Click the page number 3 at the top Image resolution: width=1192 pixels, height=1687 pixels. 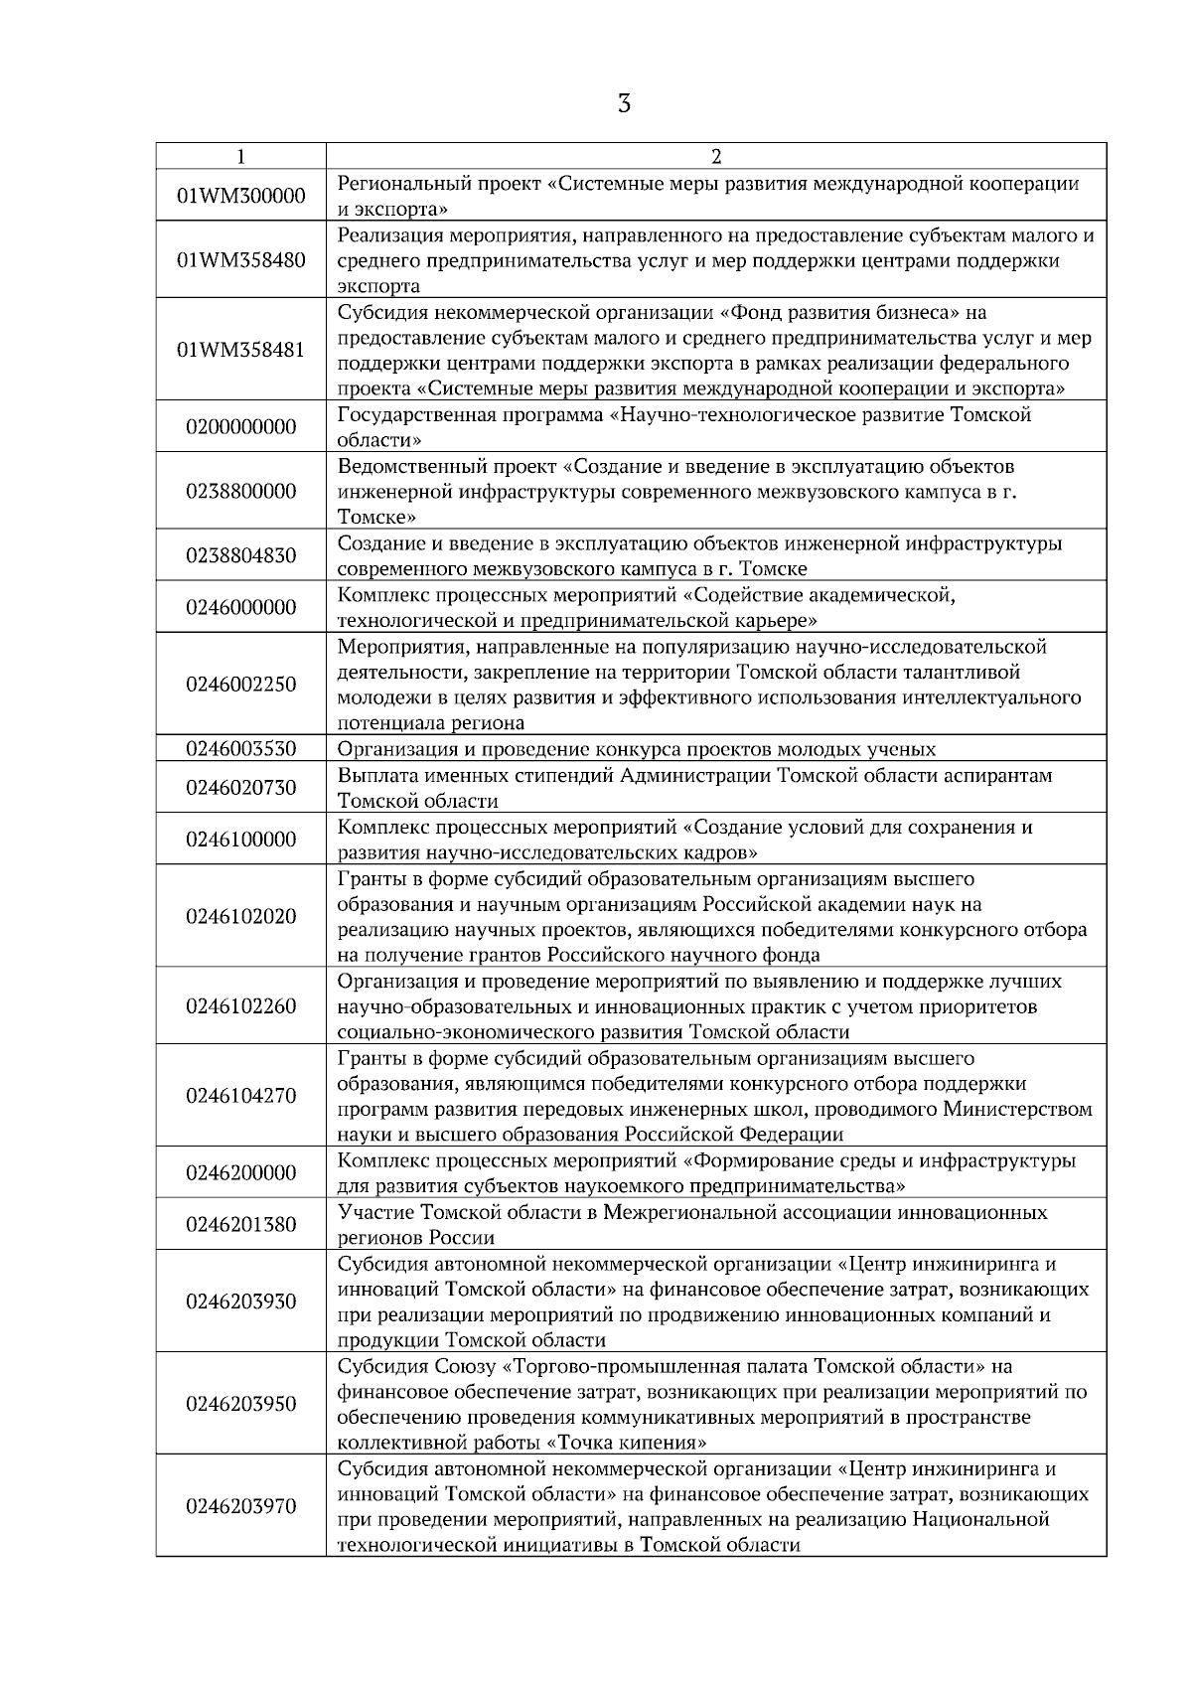[x=624, y=103]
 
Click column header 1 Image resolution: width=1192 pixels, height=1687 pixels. [x=241, y=156]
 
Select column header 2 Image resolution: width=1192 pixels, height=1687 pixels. [x=716, y=156]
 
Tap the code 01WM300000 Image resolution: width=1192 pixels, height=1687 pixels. [x=241, y=196]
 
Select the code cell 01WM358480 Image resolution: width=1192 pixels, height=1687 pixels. [x=241, y=260]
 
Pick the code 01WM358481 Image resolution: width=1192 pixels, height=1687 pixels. [x=241, y=350]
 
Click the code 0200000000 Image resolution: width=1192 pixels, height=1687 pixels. [x=241, y=427]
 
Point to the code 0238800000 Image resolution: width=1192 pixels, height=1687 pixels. [x=241, y=491]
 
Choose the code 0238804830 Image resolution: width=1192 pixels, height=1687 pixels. [x=241, y=555]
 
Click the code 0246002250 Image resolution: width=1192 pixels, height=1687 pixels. [x=241, y=684]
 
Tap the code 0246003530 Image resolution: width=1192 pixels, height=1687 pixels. [x=241, y=748]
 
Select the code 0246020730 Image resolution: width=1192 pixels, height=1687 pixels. [x=241, y=788]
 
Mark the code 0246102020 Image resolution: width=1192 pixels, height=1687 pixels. [x=241, y=916]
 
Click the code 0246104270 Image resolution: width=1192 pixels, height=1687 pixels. [x=241, y=1096]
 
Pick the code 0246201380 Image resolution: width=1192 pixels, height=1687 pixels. [x=241, y=1224]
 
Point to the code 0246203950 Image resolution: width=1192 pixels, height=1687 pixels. [x=241, y=1404]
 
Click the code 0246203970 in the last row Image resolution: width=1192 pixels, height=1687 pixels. [x=241, y=1506]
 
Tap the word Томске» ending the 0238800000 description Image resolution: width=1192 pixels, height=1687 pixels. [x=376, y=517]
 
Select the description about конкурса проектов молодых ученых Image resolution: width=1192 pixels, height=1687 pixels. [x=636, y=749]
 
